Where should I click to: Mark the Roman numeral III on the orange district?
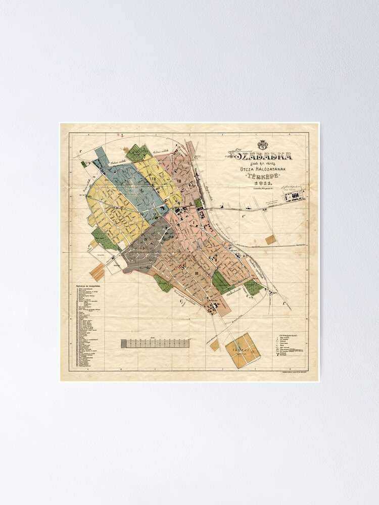click(195, 273)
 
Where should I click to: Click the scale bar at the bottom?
click(155, 343)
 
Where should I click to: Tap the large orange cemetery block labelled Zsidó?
click(243, 349)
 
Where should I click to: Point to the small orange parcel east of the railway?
click(271, 239)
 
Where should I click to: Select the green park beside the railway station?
click(199, 203)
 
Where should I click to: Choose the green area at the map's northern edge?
click(138, 153)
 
